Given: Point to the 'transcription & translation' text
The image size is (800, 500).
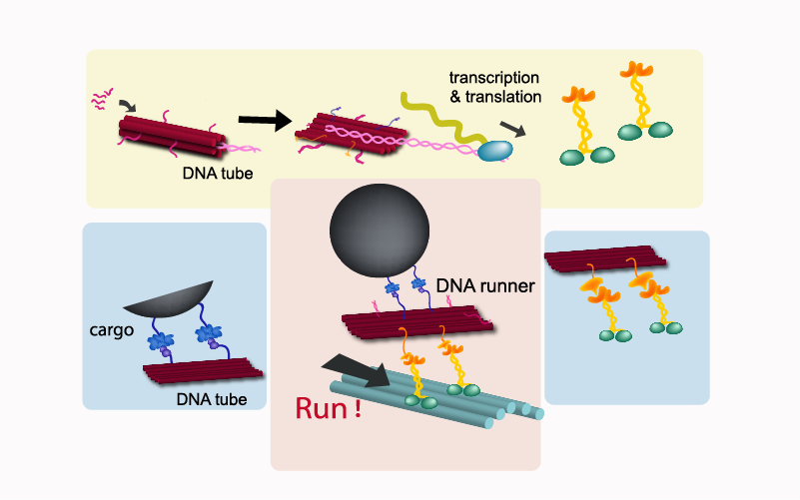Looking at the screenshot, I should coord(494,87).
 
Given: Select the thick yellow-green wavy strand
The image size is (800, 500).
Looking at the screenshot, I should coord(439,116).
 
